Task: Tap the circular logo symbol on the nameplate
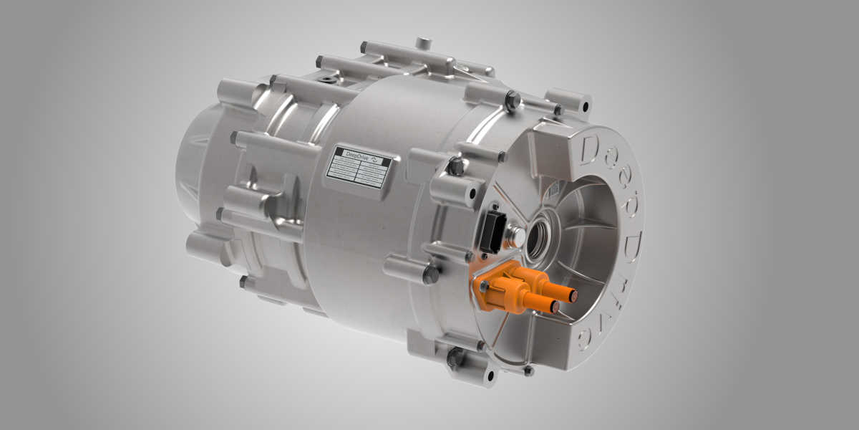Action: [x=380, y=159]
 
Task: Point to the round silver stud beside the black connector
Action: [x=513, y=233]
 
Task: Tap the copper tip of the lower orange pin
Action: [x=555, y=307]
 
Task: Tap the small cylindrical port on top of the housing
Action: [x=423, y=42]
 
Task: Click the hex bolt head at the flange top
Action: [x=513, y=101]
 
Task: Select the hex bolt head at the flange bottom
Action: [x=455, y=356]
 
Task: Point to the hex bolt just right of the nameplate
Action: [x=456, y=166]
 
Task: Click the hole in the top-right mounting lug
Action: [x=585, y=107]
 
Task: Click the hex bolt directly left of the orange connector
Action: [x=431, y=274]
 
